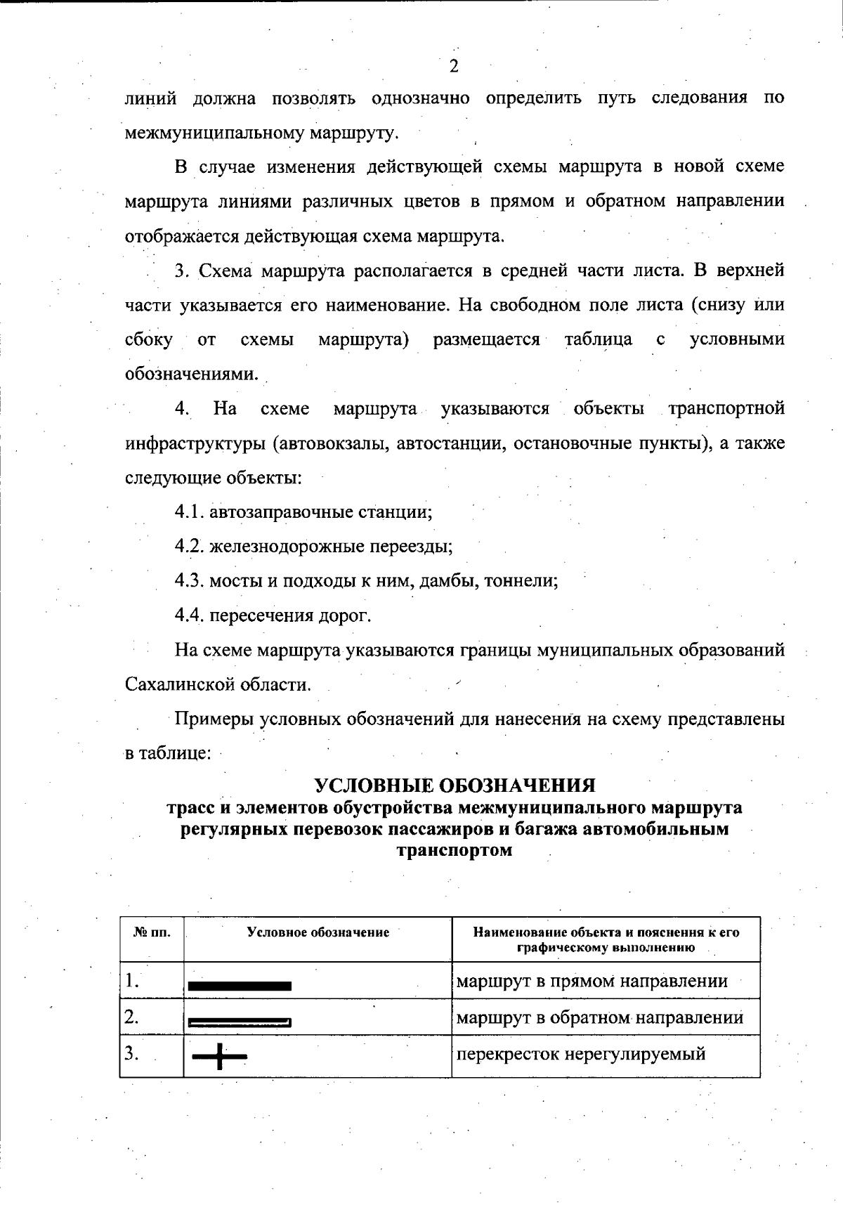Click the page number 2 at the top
coord(453,67)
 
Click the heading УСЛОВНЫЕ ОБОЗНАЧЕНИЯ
coord(454,785)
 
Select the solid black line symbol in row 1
coord(240,986)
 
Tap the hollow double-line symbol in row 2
coord(240,1022)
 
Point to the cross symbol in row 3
coord(220,1056)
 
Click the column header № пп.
coord(152,932)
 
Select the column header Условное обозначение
coord(318,932)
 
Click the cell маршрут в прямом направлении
coord(592,981)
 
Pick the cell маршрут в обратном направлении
coord(599,1017)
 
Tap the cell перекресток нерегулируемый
coord(580,1054)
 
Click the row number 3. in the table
coord(131,1053)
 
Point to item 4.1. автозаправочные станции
coord(303,512)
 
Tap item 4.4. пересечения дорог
coord(273,615)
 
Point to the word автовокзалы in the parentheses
coord(330,443)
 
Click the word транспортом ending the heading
coord(454,851)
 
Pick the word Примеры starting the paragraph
coord(214,719)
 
